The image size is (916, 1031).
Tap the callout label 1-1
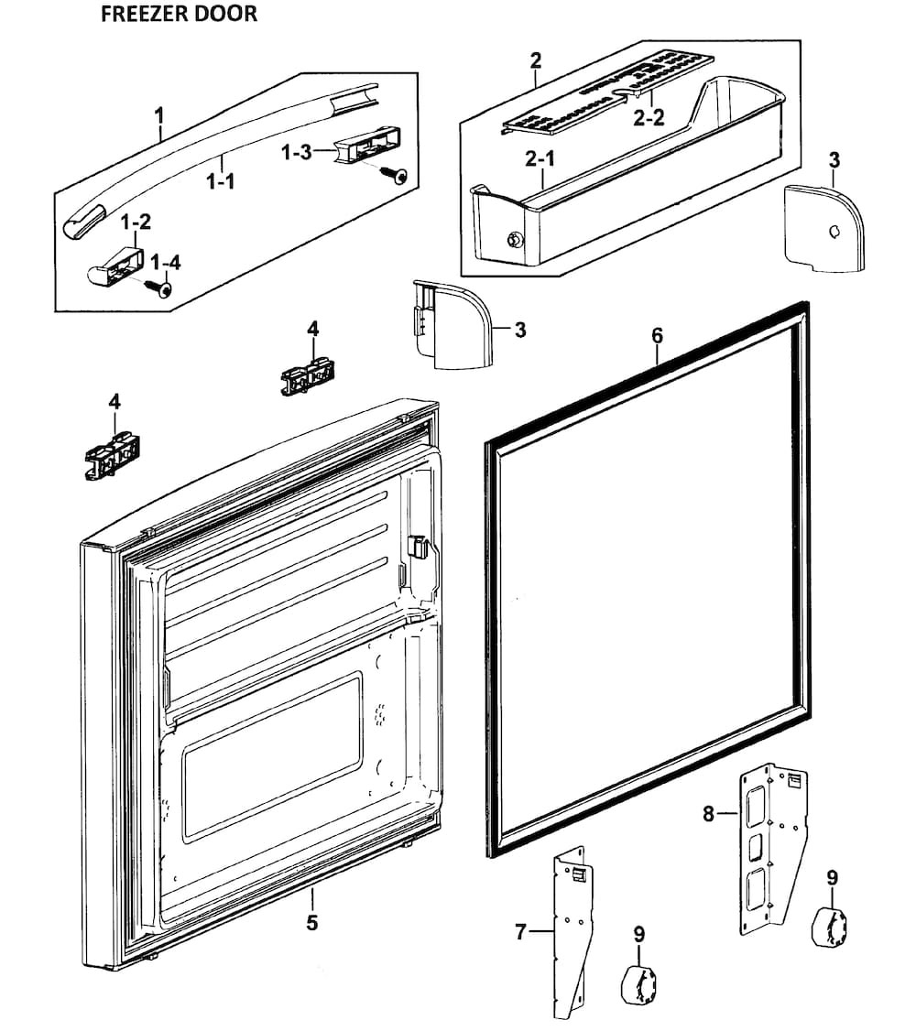click(x=220, y=181)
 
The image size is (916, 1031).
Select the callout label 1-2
click(x=136, y=222)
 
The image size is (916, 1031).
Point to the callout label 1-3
click(x=297, y=152)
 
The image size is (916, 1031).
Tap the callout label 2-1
click(x=540, y=158)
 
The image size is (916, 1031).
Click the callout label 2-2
click(x=649, y=117)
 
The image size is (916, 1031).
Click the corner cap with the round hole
click(x=824, y=229)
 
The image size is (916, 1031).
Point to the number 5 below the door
click(x=311, y=923)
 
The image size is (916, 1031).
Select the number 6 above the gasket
click(x=657, y=336)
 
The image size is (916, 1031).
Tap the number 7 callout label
click(x=520, y=932)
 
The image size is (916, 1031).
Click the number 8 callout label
click(x=708, y=813)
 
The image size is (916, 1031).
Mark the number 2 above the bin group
click(x=536, y=61)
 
